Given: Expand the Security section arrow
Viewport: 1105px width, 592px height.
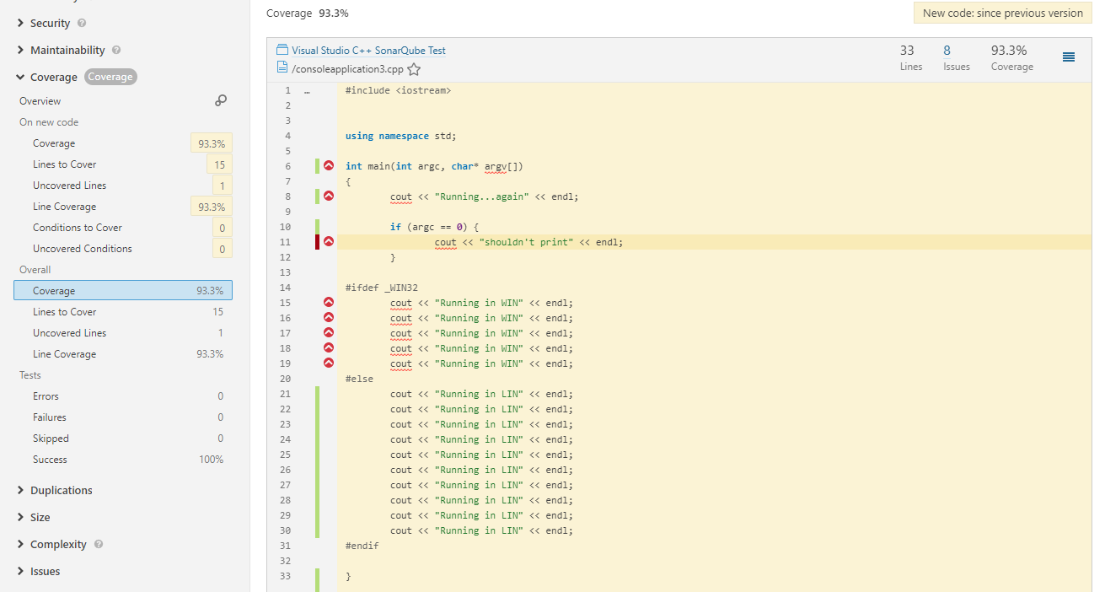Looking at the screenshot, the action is click(20, 23).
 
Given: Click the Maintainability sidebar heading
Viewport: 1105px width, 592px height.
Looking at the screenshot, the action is click(67, 50).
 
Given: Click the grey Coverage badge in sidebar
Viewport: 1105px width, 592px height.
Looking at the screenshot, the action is click(110, 77).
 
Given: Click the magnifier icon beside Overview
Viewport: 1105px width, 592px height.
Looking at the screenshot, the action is click(221, 100).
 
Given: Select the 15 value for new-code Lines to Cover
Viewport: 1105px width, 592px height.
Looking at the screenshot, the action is click(219, 164).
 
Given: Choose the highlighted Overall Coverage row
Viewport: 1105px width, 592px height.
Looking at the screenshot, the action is click(123, 290).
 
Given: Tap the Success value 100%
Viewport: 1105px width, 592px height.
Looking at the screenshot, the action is click(211, 460).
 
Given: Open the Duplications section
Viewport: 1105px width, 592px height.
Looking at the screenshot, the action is click(62, 490).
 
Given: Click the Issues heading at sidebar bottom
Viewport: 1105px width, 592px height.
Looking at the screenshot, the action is click(45, 571).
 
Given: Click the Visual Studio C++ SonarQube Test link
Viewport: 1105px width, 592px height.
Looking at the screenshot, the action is click(368, 51).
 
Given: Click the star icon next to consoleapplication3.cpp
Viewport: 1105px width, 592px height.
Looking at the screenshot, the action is click(414, 69).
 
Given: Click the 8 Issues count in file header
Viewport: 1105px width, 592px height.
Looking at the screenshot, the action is click(947, 51).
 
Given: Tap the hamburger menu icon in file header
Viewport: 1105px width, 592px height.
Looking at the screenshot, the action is click(1069, 57).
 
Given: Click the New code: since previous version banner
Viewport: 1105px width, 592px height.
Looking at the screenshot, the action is click(1003, 13).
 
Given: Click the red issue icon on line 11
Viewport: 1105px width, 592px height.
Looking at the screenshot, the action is click(329, 241).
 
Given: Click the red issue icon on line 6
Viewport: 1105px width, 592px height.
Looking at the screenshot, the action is click(329, 165).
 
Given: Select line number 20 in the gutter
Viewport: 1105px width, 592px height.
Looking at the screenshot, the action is click(285, 379).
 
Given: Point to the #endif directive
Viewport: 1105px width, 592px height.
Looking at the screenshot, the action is click(362, 546).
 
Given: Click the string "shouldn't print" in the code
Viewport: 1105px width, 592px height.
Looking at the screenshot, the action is click(526, 242).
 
